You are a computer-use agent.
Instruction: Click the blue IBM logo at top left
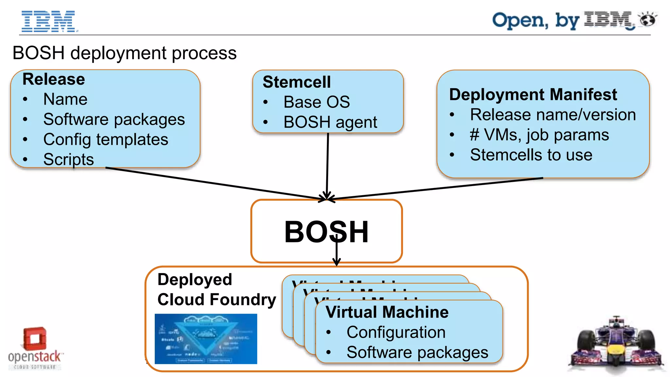48,22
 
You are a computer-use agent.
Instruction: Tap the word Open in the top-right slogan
520,21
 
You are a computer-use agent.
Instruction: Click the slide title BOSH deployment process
124,53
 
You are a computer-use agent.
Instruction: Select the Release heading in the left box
54,79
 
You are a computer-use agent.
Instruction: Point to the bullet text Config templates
106,140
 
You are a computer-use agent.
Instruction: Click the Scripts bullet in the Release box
68,160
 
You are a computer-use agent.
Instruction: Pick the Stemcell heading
296,82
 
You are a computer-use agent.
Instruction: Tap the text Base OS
316,102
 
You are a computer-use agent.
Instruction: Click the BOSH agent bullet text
330,122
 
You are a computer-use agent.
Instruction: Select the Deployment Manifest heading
533,94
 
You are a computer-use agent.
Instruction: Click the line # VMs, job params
539,135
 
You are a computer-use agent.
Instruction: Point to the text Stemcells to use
531,155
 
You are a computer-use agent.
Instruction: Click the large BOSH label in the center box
326,232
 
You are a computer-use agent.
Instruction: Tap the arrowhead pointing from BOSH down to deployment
336,262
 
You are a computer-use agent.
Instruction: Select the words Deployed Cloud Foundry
216,289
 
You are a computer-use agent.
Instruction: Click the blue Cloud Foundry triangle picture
206,339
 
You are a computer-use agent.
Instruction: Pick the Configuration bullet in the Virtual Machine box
396,333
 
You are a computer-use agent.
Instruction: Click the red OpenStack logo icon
34,338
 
